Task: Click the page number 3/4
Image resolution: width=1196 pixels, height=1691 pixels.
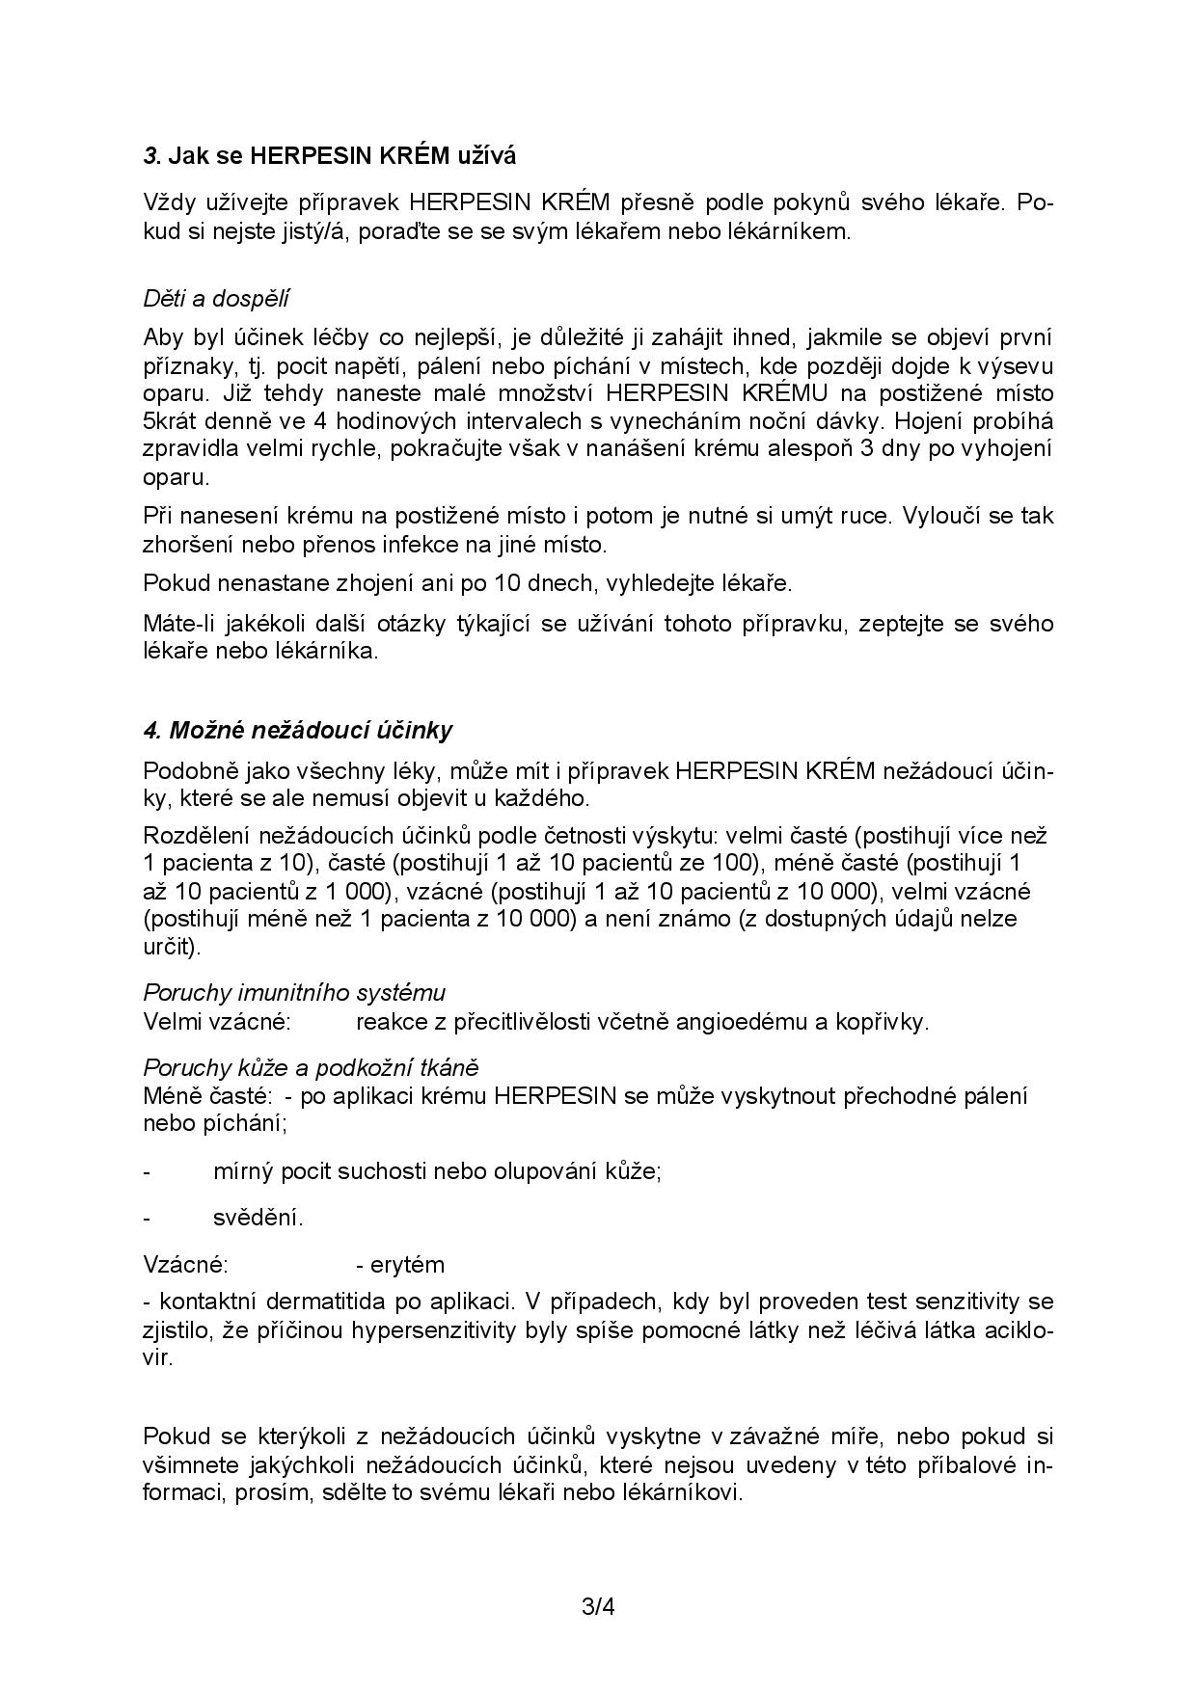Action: point(598,1607)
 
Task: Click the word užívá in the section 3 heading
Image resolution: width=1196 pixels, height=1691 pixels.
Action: point(484,154)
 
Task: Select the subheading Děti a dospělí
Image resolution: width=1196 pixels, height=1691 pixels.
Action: point(216,298)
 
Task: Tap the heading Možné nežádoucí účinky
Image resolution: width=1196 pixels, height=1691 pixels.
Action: point(298,730)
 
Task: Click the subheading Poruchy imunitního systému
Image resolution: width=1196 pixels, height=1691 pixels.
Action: point(294,992)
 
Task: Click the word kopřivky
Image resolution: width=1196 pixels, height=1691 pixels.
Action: point(883,1021)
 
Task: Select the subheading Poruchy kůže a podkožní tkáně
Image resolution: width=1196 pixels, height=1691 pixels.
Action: point(311,1067)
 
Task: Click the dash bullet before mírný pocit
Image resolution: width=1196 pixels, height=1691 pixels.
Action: point(147,1171)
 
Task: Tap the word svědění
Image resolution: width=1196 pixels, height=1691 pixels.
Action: point(258,1218)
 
